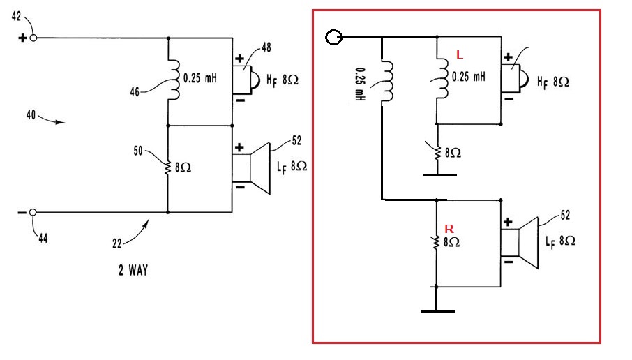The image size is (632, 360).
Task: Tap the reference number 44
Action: coord(43,239)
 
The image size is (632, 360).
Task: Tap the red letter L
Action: coord(458,54)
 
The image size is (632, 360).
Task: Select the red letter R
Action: coord(449,228)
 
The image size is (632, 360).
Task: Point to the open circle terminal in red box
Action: coord(334,37)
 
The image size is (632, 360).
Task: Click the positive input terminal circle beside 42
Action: coord(33,38)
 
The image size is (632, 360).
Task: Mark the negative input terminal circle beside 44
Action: coord(33,212)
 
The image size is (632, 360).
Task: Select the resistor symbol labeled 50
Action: coord(168,167)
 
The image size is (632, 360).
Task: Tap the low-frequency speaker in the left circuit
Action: coord(252,168)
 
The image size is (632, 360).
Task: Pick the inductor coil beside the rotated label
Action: coord(385,76)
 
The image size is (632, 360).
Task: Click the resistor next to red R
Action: coord(436,242)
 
